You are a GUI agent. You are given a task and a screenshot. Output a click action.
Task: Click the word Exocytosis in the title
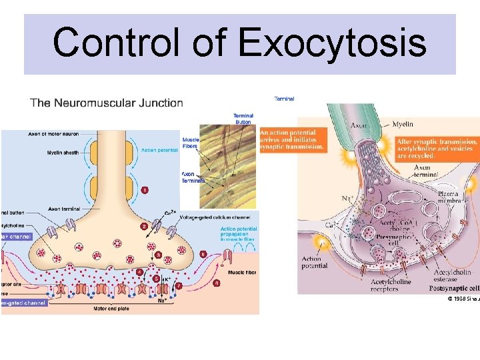pyautogui.click(x=331, y=43)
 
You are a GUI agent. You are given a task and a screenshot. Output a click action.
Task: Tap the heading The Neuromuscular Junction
pyautogui.click(x=107, y=103)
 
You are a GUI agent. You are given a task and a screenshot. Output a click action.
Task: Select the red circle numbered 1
pyautogui.click(x=145, y=191)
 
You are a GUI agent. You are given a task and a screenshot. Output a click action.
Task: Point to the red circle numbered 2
pyautogui.click(x=144, y=227)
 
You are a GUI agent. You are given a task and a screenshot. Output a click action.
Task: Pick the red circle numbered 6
pyautogui.click(x=203, y=254)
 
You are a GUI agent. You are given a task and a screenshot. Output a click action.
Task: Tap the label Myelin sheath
pyautogui.click(x=63, y=153)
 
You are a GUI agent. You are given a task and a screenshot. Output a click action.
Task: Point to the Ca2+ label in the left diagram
pyautogui.click(x=170, y=212)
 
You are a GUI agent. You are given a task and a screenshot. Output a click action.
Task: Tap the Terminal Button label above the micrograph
pyautogui.click(x=243, y=119)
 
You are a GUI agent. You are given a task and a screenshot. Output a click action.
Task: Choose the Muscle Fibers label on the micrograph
pyautogui.click(x=190, y=143)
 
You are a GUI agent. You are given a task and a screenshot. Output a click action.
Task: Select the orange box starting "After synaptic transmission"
pyautogui.click(x=437, y=148)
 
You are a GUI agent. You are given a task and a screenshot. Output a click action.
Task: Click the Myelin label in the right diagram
pyautogui.click(x=402, y=124)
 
